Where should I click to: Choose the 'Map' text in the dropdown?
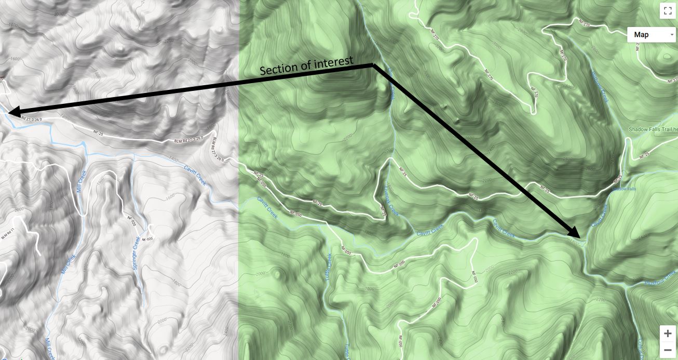coord(641,35)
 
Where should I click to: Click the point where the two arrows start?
coord(373,64)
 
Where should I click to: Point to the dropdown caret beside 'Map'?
coord(672,35)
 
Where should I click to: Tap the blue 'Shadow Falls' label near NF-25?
coord(624,189)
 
